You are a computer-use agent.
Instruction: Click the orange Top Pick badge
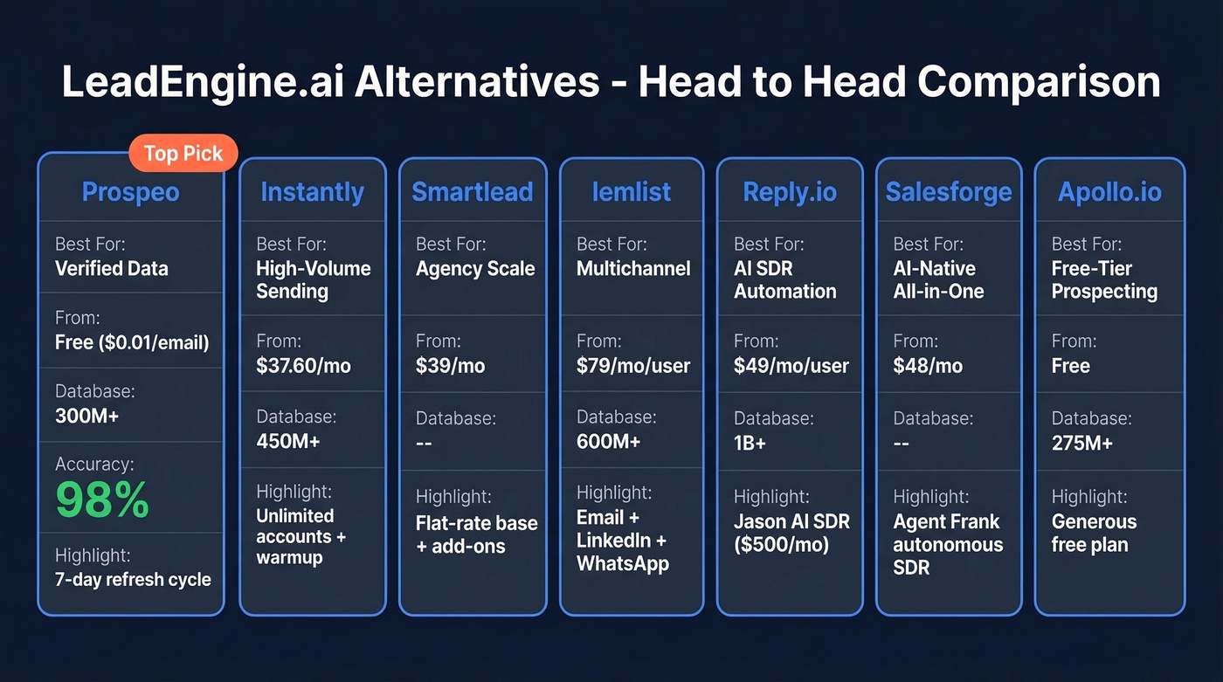pos(183,154)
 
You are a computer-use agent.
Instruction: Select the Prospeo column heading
pos(130,192)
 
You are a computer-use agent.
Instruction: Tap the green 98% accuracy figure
pos(102,499)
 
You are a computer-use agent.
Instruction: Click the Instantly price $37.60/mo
pos(303,366)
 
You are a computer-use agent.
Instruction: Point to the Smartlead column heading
pos(472,192)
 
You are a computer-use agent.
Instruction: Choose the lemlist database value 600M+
pos(608,441)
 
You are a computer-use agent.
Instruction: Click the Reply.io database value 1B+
pos(750,443)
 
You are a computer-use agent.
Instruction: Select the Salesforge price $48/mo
pos(928,366)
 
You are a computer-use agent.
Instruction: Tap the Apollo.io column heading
pos(1109,192)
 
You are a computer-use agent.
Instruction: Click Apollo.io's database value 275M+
pos(1082,443)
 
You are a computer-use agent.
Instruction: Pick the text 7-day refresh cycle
pos(133,579)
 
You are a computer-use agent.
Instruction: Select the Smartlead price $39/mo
pos(450,366)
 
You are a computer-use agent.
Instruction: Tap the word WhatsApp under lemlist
pos(623,563)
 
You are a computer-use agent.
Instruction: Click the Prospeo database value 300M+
pos(86,416)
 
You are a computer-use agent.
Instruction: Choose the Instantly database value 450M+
pos(288,441)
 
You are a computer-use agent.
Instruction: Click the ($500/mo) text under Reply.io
pos(781,545)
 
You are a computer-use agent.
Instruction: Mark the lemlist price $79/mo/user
pos(633,366)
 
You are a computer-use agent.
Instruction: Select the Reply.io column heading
pos(790,192)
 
